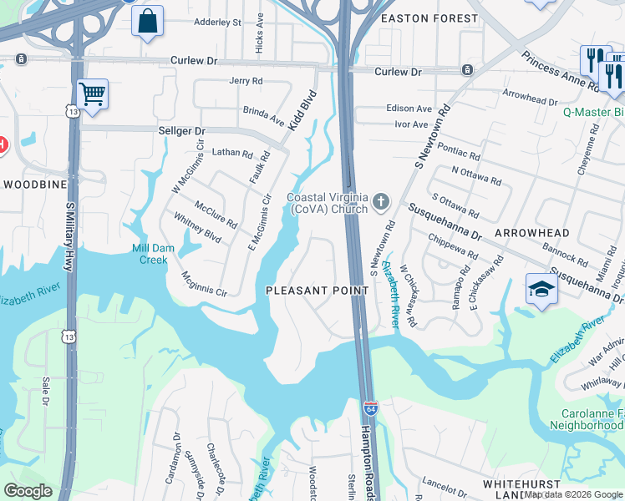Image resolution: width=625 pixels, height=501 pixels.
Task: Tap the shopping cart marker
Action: [92, 94]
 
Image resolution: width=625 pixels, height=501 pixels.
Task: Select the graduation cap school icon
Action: [541, 290]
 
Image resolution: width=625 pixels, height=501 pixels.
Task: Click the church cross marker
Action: [381, 200]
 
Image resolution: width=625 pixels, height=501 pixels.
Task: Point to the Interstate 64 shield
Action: [371, 409]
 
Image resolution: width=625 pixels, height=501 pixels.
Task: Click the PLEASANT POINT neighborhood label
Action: [317, 291]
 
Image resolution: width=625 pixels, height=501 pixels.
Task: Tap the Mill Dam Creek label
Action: [150, 254]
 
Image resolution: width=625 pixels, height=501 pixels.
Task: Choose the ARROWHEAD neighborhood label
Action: [531, 233]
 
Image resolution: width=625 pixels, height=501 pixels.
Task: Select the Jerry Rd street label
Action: [246, 81]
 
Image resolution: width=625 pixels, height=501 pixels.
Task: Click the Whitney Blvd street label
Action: [198, 226]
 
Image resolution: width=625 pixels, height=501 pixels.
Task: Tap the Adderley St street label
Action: [217, 22]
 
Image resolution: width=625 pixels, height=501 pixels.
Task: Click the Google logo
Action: [28, 491]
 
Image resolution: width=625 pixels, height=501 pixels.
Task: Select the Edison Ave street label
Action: [409, 109]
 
